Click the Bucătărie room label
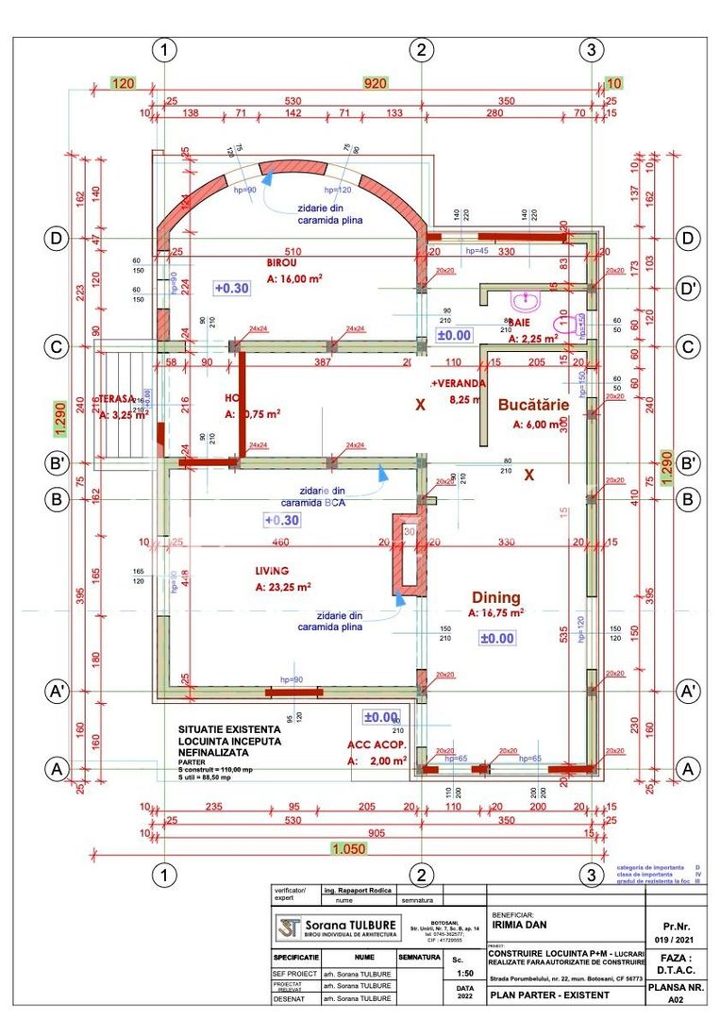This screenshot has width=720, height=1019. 536,403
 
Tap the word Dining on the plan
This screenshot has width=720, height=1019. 495,597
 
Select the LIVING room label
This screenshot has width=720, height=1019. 271,571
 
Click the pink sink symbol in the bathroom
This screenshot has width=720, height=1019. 522,301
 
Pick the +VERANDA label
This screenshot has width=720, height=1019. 459,384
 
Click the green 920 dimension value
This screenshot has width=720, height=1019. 377,83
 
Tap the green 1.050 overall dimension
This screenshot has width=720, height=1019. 348,848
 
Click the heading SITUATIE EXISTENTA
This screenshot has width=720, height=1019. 229,729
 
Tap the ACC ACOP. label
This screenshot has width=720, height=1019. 377,743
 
